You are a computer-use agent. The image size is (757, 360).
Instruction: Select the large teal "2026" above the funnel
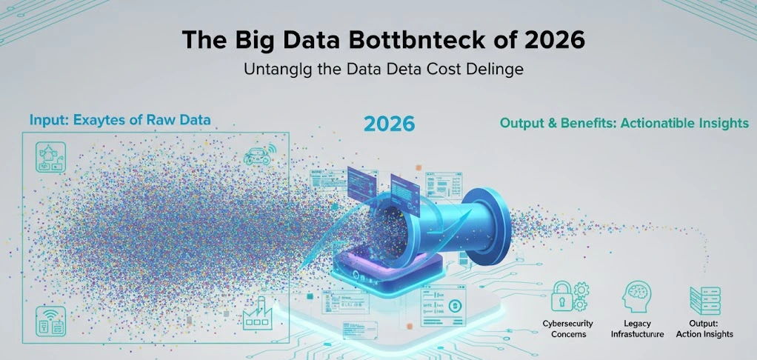[x=389, y=123]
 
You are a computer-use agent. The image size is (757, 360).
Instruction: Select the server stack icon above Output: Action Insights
[x=704, y=300]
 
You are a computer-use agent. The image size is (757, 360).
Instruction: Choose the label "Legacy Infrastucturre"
[x=636, y=329]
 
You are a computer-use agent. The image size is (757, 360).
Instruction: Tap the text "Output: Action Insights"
[x=704, y=329]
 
